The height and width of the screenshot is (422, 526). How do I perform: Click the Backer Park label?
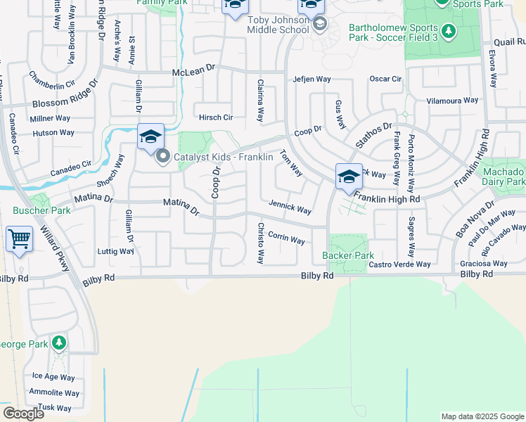(348, 255)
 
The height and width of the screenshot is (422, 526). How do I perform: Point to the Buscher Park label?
(32, 210)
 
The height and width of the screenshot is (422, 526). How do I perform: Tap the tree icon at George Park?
(60, 344)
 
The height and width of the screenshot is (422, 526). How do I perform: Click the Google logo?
(23, 413)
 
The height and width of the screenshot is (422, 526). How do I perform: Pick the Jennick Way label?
(290, 207)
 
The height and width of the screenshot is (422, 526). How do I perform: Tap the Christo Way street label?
(260, 243)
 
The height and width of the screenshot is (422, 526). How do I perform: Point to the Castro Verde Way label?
(399, 264)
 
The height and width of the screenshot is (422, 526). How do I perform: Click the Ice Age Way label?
(53, 377)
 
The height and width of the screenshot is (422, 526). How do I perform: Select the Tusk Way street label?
(55, 407)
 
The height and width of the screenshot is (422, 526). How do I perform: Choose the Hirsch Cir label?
(216, 117)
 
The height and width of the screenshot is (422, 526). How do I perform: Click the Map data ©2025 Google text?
(483, 416)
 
